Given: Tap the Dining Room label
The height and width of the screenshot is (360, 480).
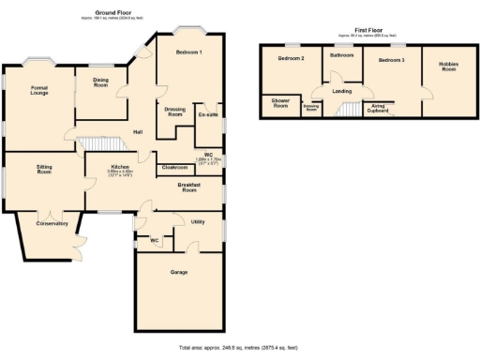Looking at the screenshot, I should pos(101,83).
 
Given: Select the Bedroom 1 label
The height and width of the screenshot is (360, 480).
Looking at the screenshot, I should pos(189,52).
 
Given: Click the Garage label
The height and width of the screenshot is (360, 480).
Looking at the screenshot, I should pos(179,272).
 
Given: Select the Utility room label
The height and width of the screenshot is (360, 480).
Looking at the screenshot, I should pos(198,222).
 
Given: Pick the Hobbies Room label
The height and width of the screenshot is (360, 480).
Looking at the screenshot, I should pos(447,67).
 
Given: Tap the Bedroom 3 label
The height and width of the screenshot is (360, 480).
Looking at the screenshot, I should pos(391,59).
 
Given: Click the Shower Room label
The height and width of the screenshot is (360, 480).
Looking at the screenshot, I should pos(279,103).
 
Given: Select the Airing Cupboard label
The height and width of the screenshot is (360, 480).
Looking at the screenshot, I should pos(380,108).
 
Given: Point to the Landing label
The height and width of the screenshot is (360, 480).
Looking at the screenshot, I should pos(342,91).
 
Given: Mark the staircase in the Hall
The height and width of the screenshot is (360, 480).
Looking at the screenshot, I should pos(100,142).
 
